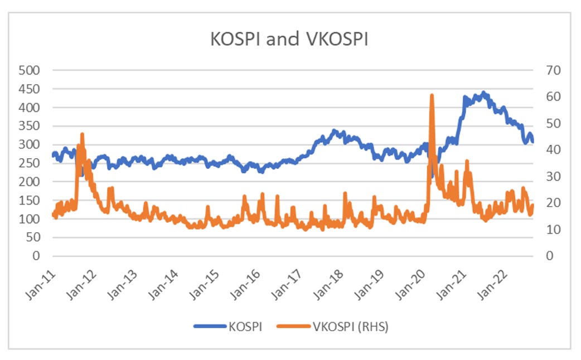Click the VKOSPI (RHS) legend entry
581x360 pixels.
[x=355, y=327]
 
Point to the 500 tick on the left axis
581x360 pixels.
[x=30, y=70]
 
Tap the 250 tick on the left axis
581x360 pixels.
[x=30, y=163]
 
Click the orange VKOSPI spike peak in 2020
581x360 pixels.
[x=432, y=96]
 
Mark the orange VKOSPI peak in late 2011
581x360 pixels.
[x=82, y=134]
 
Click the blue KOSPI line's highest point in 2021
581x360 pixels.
[x=483, y=93]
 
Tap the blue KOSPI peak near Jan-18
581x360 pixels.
[x=335, y=131]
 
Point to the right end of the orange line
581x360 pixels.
[x=532, y=205]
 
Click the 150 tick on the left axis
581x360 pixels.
[x=30, y=201]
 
